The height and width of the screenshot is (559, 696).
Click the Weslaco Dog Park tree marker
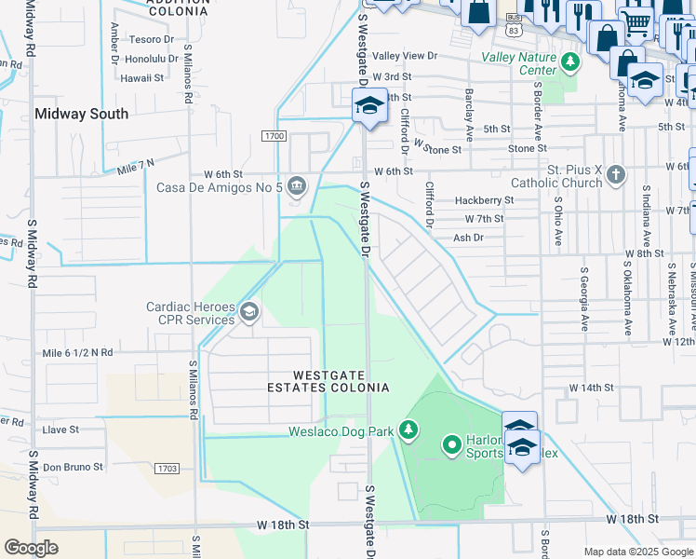407,429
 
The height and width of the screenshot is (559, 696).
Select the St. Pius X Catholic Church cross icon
615,175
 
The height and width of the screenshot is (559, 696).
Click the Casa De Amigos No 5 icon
296,186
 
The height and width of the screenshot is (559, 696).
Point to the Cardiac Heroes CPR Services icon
248,312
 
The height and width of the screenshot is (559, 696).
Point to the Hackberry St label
484,200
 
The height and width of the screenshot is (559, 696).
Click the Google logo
32,548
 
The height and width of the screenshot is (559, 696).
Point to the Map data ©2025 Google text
638,552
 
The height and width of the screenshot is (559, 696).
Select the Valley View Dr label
405,56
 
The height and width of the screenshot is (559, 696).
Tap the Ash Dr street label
468,238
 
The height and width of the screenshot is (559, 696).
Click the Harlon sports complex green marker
452,446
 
